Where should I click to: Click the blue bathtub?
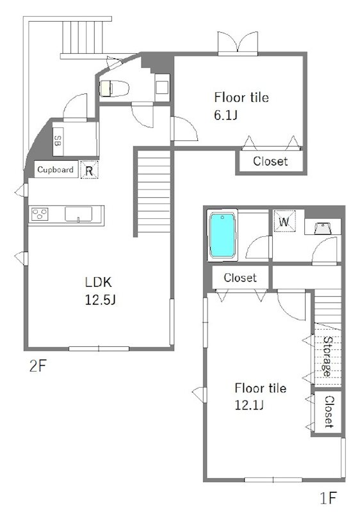222,235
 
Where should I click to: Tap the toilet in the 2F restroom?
114,88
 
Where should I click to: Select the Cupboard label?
55,170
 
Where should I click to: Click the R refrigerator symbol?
89,170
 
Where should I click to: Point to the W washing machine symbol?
284,221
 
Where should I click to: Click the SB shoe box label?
58,141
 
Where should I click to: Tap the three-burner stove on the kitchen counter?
40,214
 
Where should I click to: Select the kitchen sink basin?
78,214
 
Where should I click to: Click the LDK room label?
99,282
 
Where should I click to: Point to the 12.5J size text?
101,300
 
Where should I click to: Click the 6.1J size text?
225,115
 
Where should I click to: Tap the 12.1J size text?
249,405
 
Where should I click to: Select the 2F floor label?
37,366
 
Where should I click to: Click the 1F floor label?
328,498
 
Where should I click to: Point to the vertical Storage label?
327,356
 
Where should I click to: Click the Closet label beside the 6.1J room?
270,161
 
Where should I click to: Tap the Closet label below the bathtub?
240,278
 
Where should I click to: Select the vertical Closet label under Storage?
329,412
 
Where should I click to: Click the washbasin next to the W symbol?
323,227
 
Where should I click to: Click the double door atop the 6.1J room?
238,44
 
